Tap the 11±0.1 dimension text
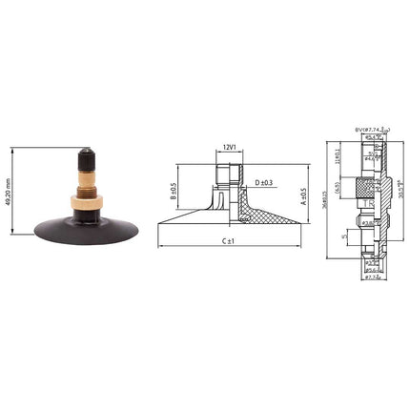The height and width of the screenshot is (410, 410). [338, 154]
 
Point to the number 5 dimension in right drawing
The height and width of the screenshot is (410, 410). [344, 236]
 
